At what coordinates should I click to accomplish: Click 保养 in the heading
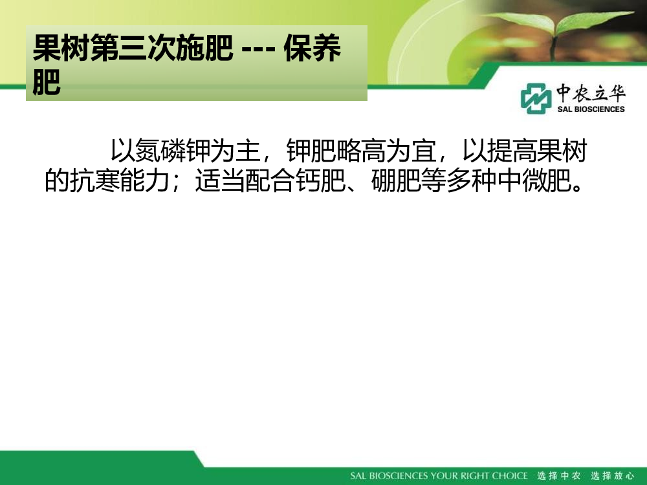click(313, 48)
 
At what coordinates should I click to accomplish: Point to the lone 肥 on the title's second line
click(47, 81)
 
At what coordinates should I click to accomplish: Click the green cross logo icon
click(536, 98)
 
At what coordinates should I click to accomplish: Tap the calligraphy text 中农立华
click(591, 92)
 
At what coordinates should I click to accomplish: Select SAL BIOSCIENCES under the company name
click(591, 109)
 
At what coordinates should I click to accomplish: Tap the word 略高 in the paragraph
click(362, 151)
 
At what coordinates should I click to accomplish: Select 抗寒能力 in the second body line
click(119, 180)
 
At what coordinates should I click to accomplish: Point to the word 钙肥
click(321, 180)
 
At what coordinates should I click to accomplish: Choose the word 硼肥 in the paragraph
click(396, 180)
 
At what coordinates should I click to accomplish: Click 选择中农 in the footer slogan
click(559, 475)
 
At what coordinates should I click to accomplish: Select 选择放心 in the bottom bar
click(612, 475)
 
